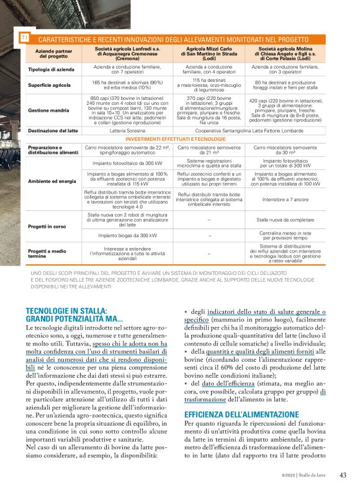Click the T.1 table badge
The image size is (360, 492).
[x=25, y=38]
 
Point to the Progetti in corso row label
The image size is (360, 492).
[x=47, y=226]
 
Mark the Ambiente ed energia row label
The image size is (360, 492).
[x=52, y=181]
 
